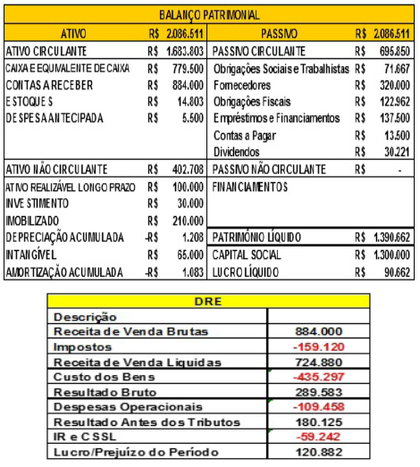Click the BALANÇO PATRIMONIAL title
click(209, 15)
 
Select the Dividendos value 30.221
click(394, 152)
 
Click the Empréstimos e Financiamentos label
click(276, 118)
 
